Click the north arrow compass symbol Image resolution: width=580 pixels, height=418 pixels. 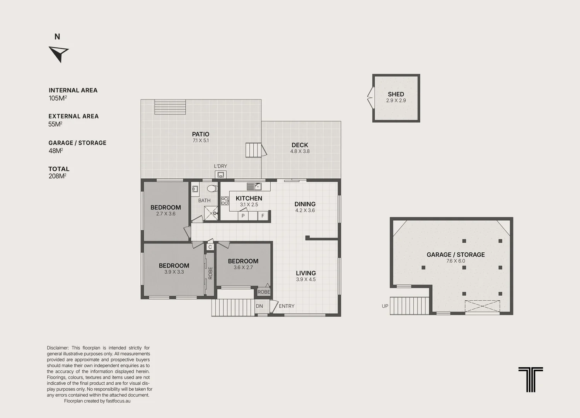(x=59, y=54)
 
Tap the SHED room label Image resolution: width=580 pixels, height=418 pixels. (x=396, y=94)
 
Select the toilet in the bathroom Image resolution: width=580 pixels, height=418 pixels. (x=212, y=188)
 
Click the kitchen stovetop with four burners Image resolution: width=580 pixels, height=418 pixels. (x=225, y=201)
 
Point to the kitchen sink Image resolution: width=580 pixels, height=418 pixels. (x=254, y=187)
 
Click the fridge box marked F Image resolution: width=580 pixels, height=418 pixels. (x=263, y=216)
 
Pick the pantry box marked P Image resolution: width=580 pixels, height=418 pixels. (x=243, y=216)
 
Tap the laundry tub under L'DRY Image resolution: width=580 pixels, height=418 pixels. (x=221, y=175)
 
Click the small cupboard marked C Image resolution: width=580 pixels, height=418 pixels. (x=210, y=247)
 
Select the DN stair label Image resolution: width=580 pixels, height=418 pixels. (x=259, y=306)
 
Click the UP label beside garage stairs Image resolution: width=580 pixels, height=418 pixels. (x=385, y=306)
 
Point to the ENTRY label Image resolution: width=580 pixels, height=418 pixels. (x=287, y=306)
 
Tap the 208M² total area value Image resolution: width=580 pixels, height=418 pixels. (x=58, y=176)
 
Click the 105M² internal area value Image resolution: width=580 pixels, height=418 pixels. (x=58, y=98)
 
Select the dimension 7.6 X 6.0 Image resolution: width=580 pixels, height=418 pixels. (x=456, y=261)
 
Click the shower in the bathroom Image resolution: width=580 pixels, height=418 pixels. (x=211, y=213)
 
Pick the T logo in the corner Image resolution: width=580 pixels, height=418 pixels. (x=531, y=379)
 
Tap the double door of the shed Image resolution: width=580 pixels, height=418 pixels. (x=371, y=98)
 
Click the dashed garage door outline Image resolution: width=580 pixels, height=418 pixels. (x=482, y=306)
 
